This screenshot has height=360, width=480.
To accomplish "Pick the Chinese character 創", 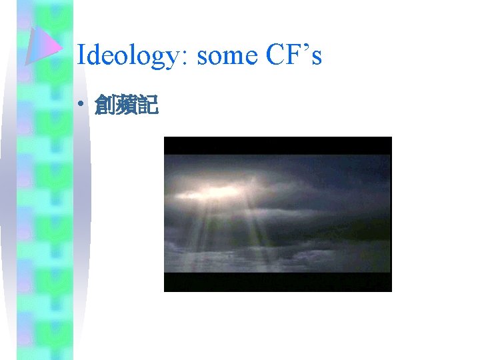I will (x=105, y=105).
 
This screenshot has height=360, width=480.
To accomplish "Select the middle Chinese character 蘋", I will (x=127, y=105).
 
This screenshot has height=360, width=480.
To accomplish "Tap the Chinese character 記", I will (x=148, y=105).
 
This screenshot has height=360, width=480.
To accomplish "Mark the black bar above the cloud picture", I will (x=277, y=145).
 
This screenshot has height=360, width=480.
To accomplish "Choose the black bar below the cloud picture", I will (x=277, y=282).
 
